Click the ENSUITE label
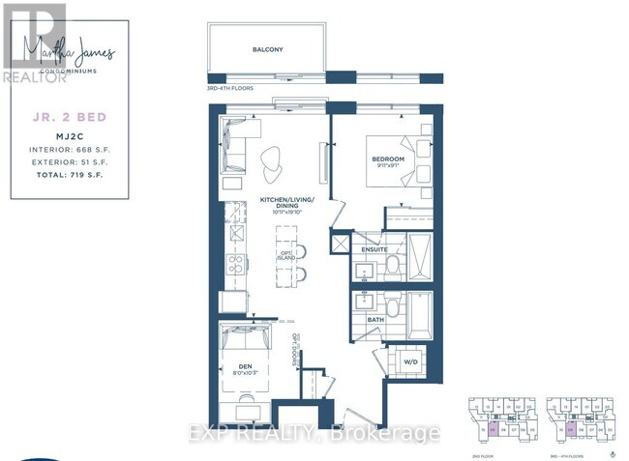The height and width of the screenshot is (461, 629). point(375,249)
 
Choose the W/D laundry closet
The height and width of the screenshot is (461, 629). point(407,362)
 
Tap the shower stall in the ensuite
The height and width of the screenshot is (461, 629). point(423,255)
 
